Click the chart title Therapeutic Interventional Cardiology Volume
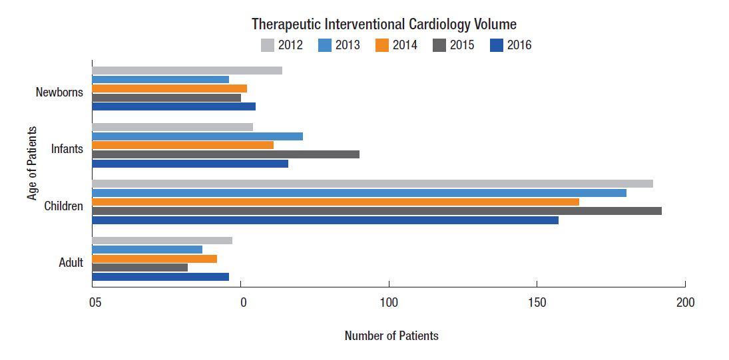pyautogui.click(x=384, y=25)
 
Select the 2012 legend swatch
pyautogui.click(x=268, y=45)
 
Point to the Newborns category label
pyautogui.click(x=59, y=92)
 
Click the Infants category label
pyautogui.click(x=67, y=148)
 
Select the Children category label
pyautogui.click(x=63, y=206)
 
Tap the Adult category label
pyautogui.click(x=71, y=262)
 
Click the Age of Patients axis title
pyautogui.click(x=32, y=163)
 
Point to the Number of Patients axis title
pyautogui.click(x=391, y=335)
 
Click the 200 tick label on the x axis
pyautogui.click(x=684, y=303)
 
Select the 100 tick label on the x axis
pyautogui.click(x=389, y=303)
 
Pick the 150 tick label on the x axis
pyautogui.click(x=537, y=303)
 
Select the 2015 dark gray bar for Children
pyautogui.click(x=376, y=211)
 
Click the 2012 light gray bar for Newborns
pyautogui.click(x=187, y=71)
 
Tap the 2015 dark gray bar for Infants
pyautogui.click(x=226, y=154)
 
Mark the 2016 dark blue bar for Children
pyautogui.click(x=325, y=220)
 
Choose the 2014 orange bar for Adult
pyautogui.click(x=154, y=259)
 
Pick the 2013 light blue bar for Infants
pyautogui.click(x=197, y=136)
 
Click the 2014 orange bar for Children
pyautogui.click(x=335, y=202)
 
